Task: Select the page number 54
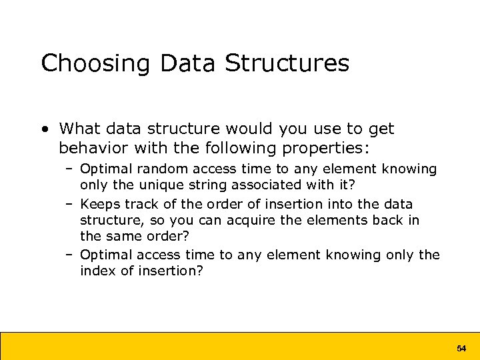pyautogui.click(x=461, y=349)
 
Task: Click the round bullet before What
pyautogui.click(x=44, y=129)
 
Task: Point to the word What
pyautogui.click(x=81, y=129)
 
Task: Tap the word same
pyautogui.click(x=120, y=236)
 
